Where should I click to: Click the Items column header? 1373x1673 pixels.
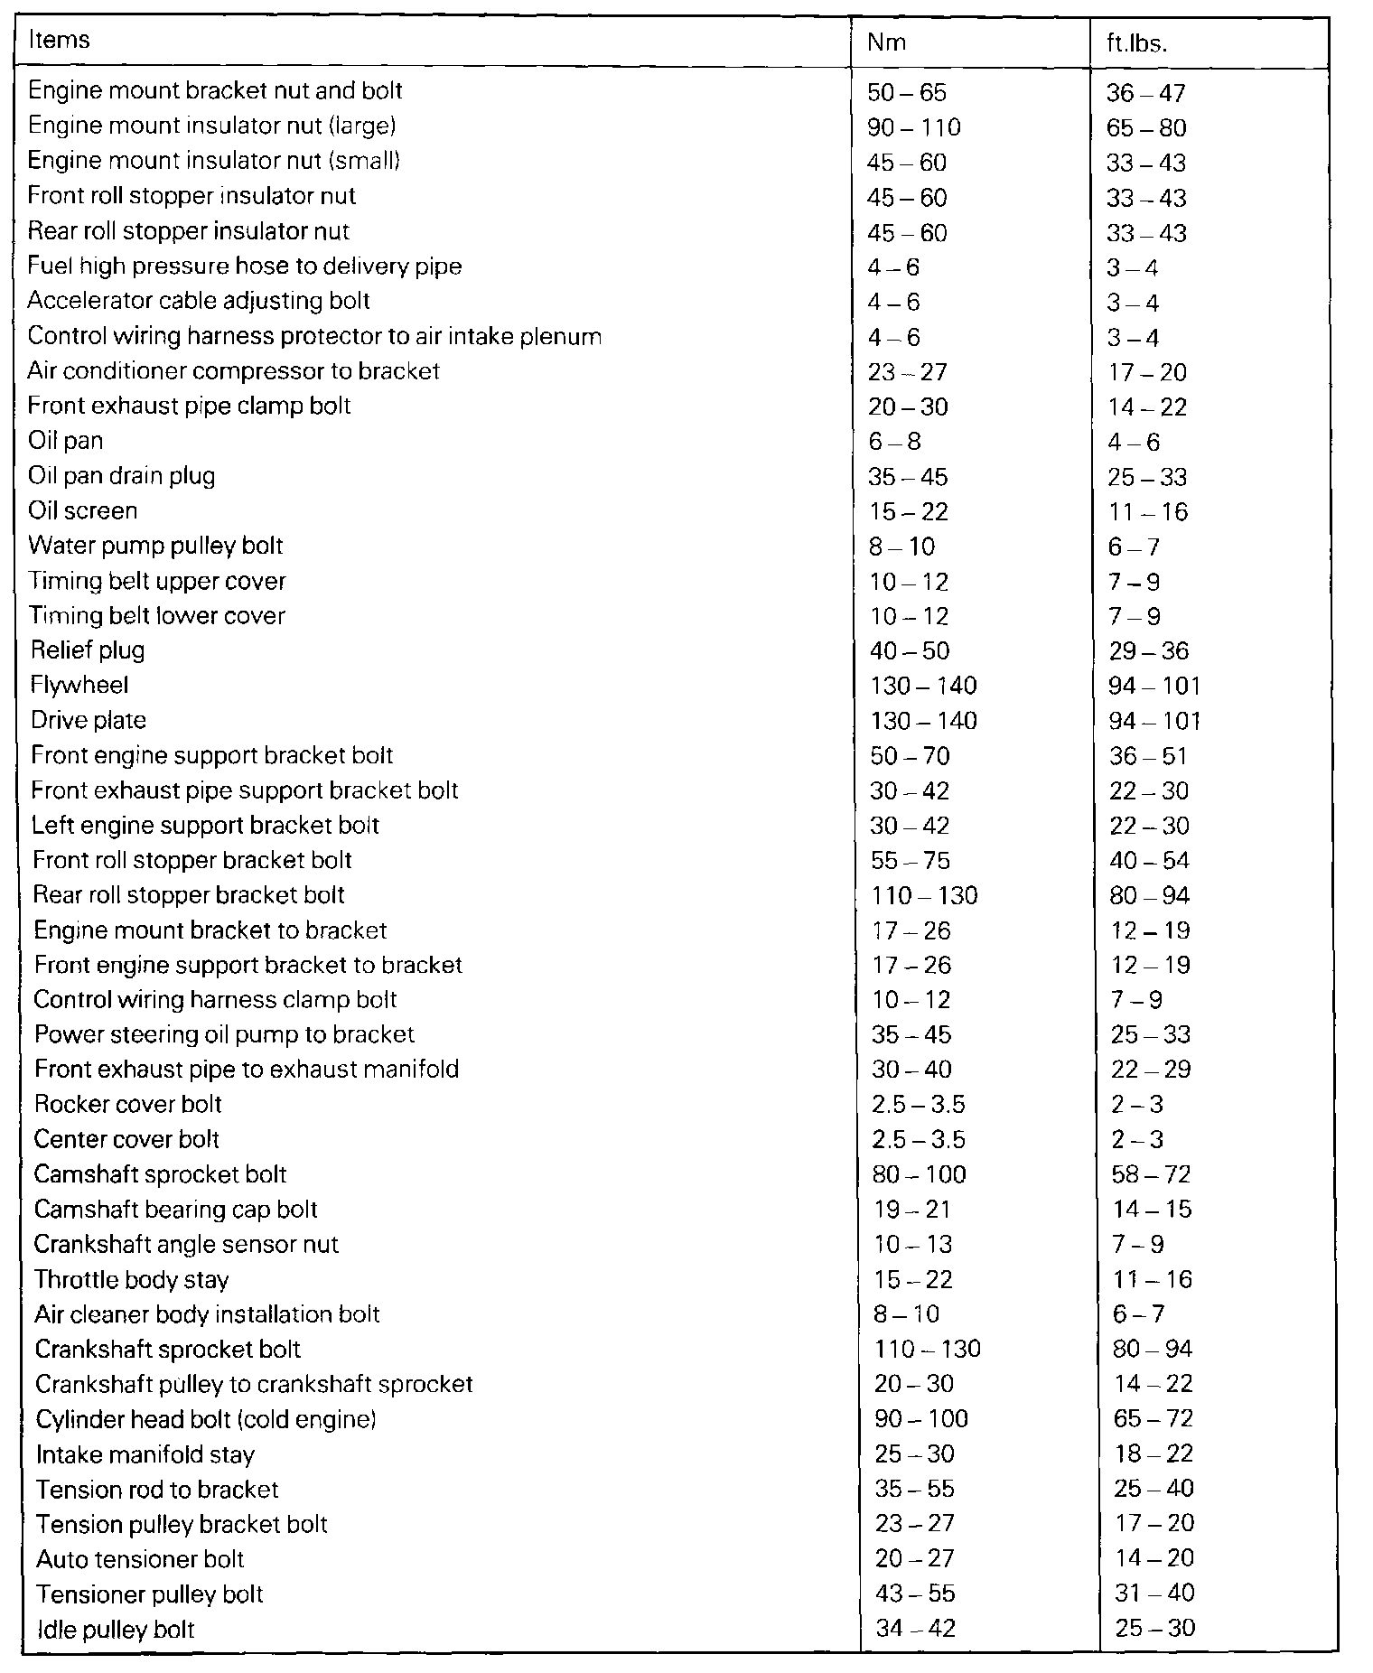(x=59, y=41)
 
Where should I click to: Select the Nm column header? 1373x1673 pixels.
(x=886, y=42)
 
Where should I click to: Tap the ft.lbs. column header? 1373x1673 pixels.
(x=1137, y=43)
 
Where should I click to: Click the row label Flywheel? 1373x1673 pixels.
(x=79, y=686)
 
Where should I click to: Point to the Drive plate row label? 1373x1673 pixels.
(x=89, y=721)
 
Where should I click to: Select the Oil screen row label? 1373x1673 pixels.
(x=82, y=511)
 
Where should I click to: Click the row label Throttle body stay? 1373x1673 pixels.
(x=131, y=1280)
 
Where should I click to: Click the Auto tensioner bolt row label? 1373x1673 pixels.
(x=140, y=1559)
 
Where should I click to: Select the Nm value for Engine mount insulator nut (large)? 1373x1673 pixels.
(x=914, y=127)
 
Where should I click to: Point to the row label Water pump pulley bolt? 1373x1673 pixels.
(x=155, y=547)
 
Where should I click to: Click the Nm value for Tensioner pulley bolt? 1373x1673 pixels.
(x=915, y=1594)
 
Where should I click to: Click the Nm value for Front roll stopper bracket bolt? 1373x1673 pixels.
(x=911, y=861)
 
